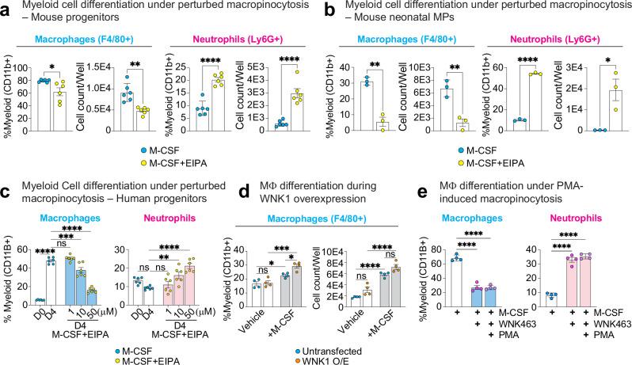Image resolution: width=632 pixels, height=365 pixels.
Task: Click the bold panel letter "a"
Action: [6, 8]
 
